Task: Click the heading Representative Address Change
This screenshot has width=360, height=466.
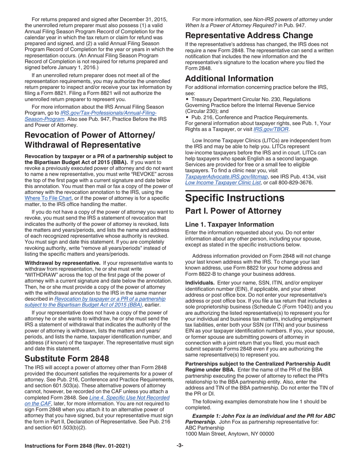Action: (x=249, y=36)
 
